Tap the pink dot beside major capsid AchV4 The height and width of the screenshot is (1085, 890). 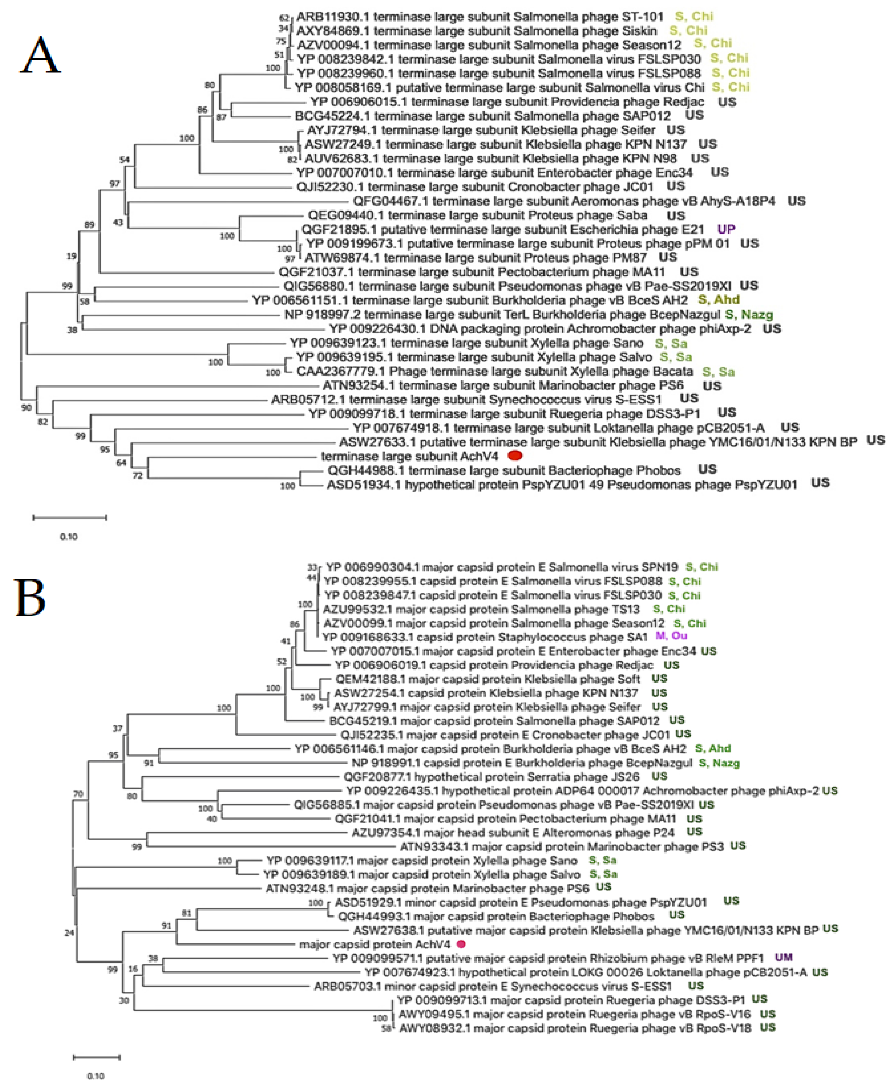[x=461, y=944]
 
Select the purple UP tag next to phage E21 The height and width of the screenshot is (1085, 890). [x=726, y=229]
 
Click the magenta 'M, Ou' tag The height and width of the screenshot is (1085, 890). [x=672, y=636]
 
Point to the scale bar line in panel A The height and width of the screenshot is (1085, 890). [x=69, y=518]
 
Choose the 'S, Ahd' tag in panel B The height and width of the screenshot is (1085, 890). [x=713, y=748]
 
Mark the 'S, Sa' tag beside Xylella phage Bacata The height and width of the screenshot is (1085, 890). [x=718, y=372]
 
